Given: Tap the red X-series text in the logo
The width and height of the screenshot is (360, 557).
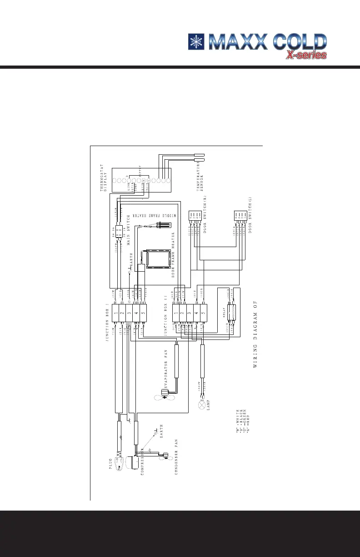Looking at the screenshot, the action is (306, 55).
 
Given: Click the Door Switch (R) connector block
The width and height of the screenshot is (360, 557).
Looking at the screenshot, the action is (194, 217).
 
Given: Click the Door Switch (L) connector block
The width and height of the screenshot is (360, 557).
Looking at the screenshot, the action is (240, 217).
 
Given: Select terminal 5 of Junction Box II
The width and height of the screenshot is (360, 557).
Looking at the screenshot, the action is (203, 313).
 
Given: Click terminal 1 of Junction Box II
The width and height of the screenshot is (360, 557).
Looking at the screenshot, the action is (176, 313).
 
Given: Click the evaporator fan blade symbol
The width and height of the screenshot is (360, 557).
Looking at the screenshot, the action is (162, 397).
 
